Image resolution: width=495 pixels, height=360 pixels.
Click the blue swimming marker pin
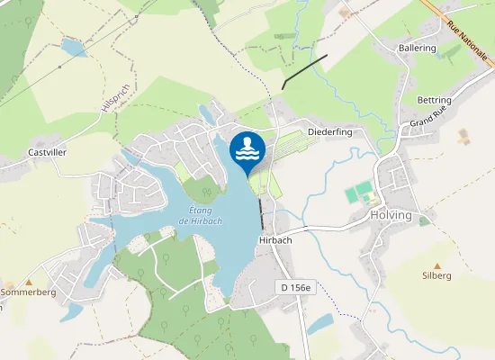click(247, 151)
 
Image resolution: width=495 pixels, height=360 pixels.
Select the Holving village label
click(391, 216)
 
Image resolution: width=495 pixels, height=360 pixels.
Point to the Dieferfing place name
click(329, 132)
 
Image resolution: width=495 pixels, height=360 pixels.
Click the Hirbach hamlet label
click(275, 240)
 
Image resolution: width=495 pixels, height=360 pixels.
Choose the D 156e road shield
click(294, 288)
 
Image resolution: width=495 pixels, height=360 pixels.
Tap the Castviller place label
click(48, 153)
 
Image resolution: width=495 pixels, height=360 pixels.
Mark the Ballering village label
click(417, 48)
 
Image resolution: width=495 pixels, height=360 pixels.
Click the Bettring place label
click(434, 99)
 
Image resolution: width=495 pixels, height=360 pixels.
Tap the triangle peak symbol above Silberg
click(437, 265)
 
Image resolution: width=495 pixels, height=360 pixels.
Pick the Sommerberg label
click(29, 293)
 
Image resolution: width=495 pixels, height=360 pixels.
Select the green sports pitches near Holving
click(359, 193)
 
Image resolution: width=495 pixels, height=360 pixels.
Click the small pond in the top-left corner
click(73, 47)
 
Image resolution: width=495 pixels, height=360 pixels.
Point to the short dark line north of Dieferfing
click(304, 71)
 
